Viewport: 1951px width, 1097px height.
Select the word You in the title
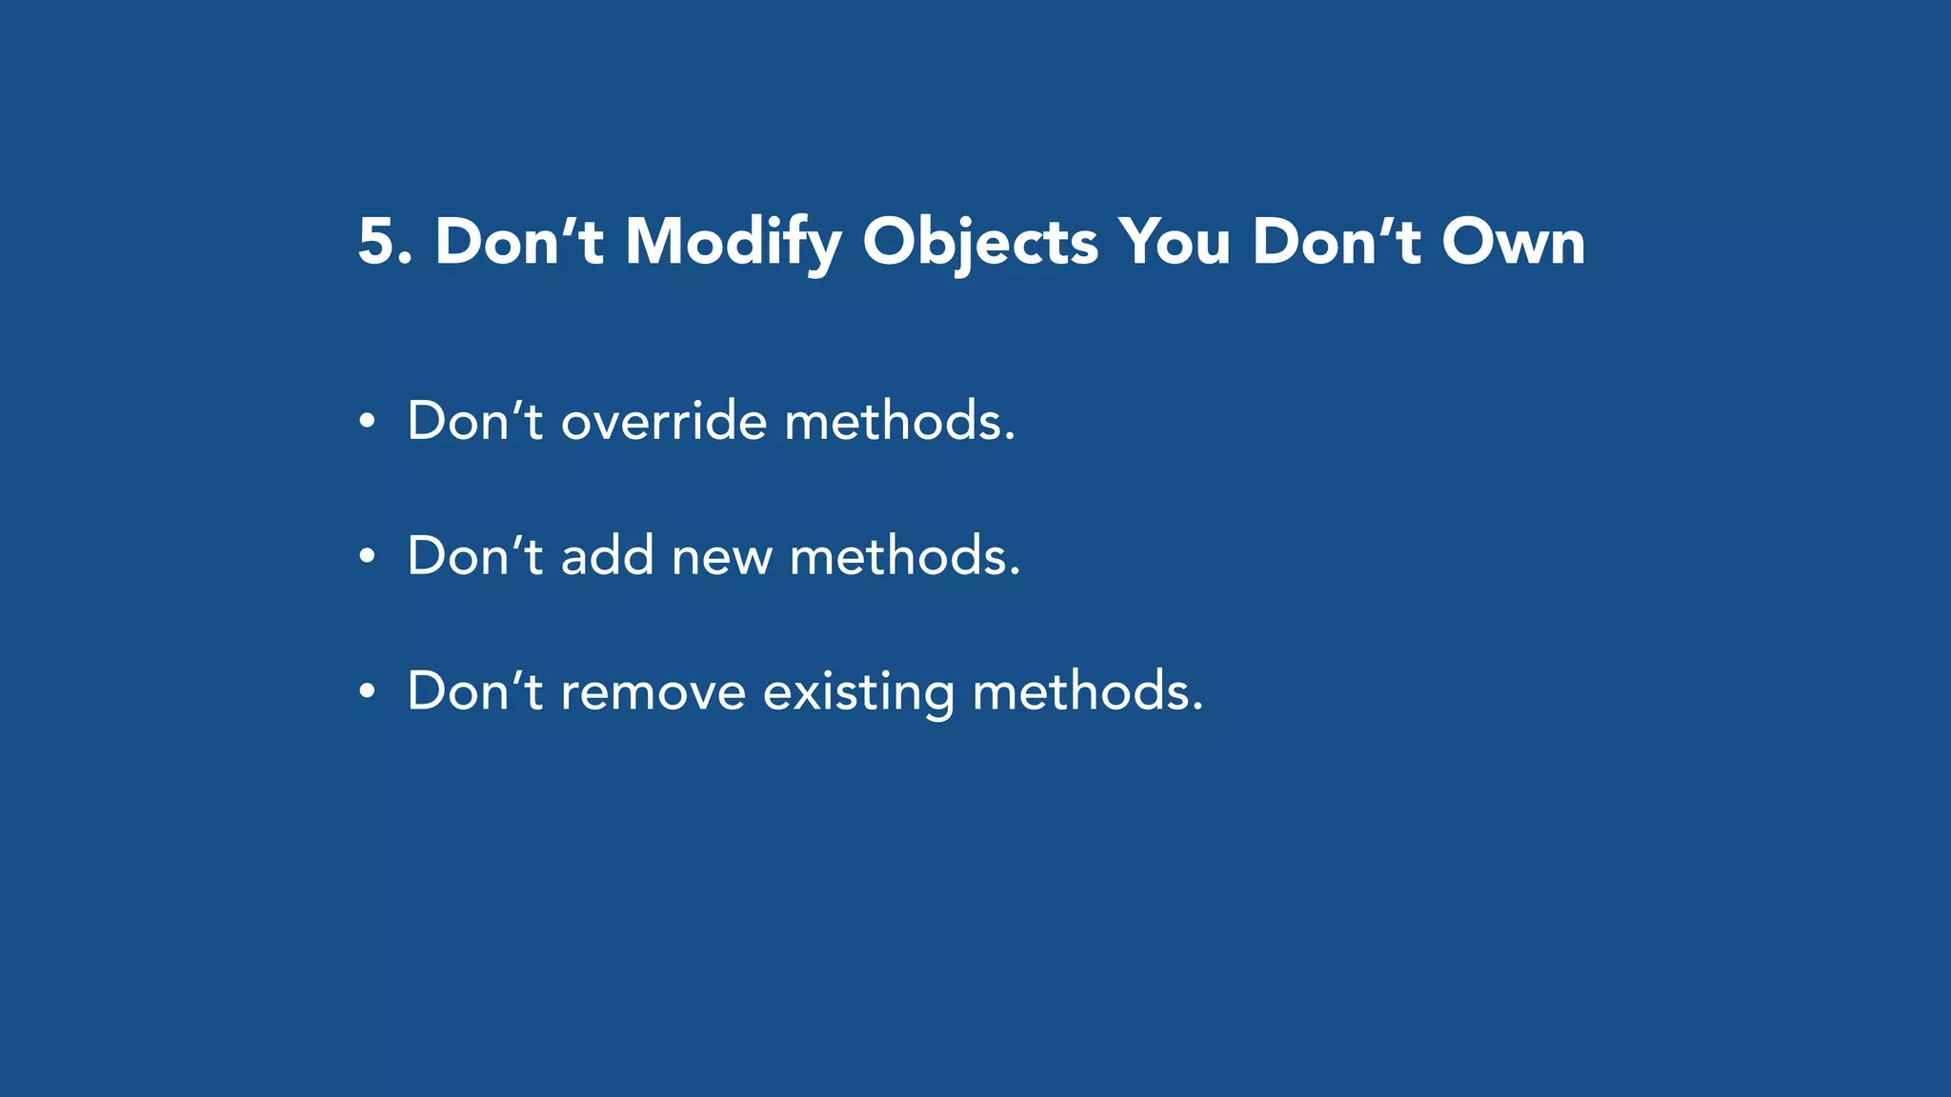pos(1175,242)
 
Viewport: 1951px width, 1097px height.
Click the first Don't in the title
pos(519,242)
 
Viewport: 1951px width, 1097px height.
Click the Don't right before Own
pos(1336,242)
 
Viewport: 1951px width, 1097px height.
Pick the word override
pos(663,421)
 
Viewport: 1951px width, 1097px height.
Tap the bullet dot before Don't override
pos(368,422)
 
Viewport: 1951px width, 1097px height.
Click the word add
pos(607,556)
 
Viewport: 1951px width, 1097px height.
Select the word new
pos(721,558)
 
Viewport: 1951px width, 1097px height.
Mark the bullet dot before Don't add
pos(368,557)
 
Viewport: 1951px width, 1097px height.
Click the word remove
pos(653,692)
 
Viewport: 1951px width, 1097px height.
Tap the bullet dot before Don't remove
pos(368,692)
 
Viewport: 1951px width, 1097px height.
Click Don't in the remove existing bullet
pos(474,691)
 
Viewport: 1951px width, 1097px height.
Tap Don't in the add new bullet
pos(474,556)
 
